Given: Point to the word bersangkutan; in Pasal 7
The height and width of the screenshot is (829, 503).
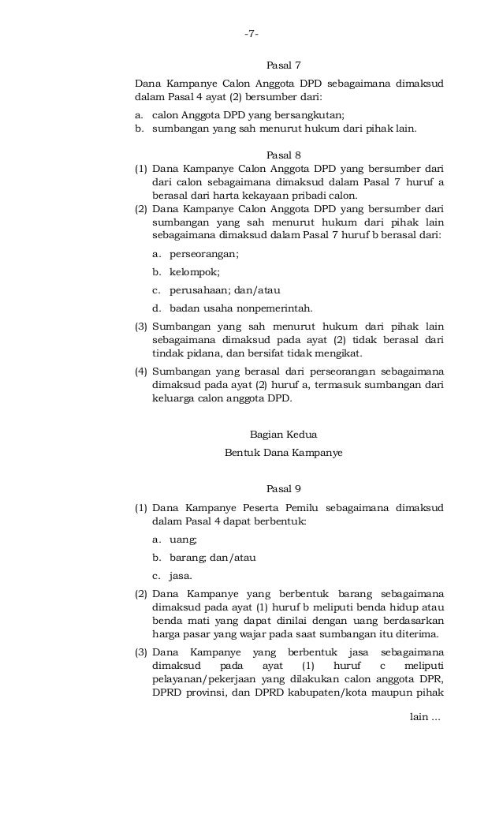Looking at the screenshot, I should [x=308, y=114].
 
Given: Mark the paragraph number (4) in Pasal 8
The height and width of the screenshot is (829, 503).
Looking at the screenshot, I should [x=141, y=371].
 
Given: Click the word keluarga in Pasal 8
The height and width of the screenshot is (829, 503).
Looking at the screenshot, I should [x=172, y=398].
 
